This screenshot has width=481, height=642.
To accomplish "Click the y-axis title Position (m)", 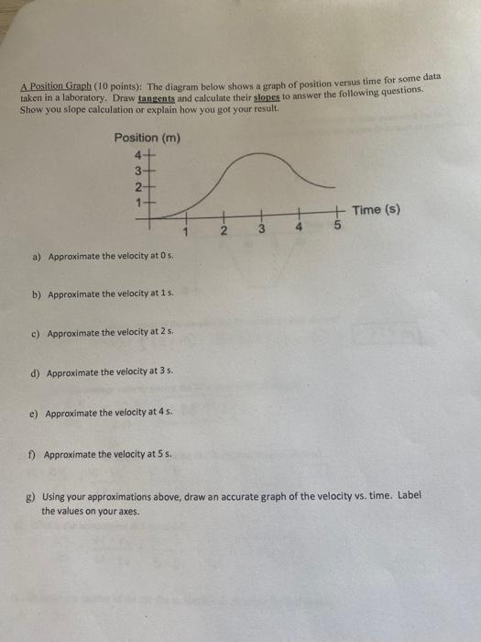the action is [x=147, y=138].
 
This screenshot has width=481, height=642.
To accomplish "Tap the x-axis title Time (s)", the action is [x=376, y=210].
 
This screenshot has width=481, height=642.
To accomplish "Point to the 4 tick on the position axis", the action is [x=138, y=154].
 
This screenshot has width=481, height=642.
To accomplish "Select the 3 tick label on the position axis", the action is [x=138, y=170].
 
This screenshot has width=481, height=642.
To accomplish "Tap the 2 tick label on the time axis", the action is [x=223, y=229].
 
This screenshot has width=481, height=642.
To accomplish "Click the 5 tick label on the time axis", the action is [x=336, y=226].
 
